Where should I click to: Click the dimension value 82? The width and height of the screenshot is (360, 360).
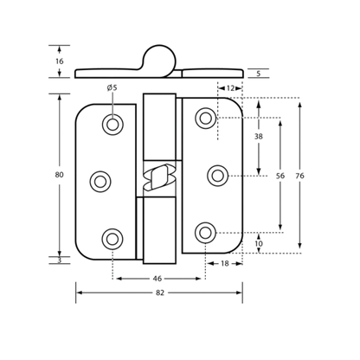160,292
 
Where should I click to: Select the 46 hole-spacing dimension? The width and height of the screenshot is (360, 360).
157,279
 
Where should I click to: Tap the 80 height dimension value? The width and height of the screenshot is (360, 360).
59,175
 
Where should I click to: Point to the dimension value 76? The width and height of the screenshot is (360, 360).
299,176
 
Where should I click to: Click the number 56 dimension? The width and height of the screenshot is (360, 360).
280,176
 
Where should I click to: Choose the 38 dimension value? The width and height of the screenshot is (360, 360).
259,137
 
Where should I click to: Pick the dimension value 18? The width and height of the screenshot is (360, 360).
224,263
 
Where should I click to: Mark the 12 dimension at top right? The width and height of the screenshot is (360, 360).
230,88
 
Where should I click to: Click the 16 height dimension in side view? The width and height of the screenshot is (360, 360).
59,61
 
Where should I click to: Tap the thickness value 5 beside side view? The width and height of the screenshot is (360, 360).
259,74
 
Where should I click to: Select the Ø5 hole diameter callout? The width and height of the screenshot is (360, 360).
112,87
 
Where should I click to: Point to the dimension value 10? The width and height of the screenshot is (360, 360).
259,244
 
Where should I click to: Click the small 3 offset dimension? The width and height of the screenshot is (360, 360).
60,260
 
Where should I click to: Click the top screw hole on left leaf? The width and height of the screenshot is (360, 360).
112,125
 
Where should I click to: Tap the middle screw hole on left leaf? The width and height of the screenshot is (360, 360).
100,182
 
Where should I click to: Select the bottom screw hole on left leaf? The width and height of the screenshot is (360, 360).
112,239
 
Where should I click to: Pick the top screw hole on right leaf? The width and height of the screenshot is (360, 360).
206,119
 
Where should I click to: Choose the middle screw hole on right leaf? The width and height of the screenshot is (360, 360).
218,176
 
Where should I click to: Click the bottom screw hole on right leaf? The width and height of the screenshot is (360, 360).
205,233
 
